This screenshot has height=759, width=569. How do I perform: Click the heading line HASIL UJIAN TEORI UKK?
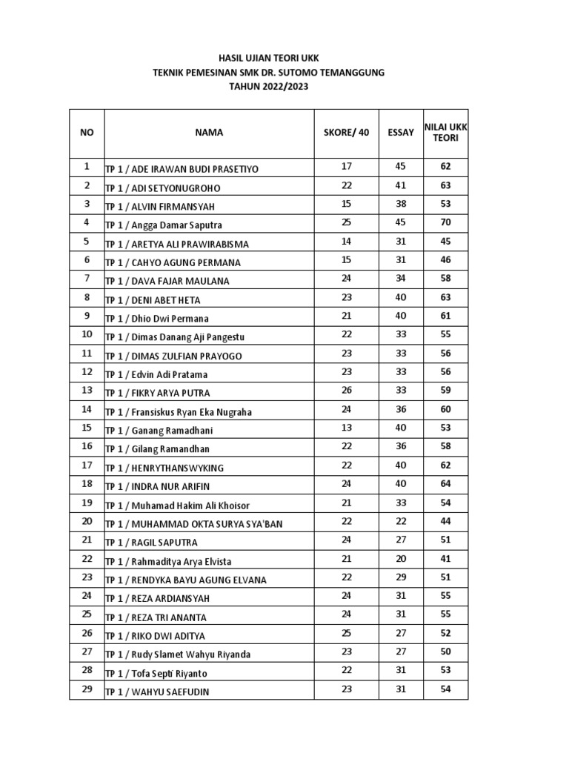point(269,59)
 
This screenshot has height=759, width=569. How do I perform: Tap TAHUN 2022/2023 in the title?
point(269,87)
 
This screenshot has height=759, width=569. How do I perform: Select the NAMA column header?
point(209,133)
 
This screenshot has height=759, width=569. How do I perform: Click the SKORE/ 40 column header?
point(346,133)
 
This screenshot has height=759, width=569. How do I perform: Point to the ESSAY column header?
point(401,133)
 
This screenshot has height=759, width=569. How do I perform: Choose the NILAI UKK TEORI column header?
point(445,133)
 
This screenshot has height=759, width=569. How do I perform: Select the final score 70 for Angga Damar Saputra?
point(445,222)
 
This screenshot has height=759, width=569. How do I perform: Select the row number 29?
point(87,689)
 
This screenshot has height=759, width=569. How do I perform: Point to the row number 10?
point(87,334)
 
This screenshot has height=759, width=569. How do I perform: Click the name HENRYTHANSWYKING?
point(164,468)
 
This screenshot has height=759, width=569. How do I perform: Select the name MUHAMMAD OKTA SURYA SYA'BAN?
point(194,524)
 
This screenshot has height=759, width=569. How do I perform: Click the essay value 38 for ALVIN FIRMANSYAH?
point(401,204)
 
